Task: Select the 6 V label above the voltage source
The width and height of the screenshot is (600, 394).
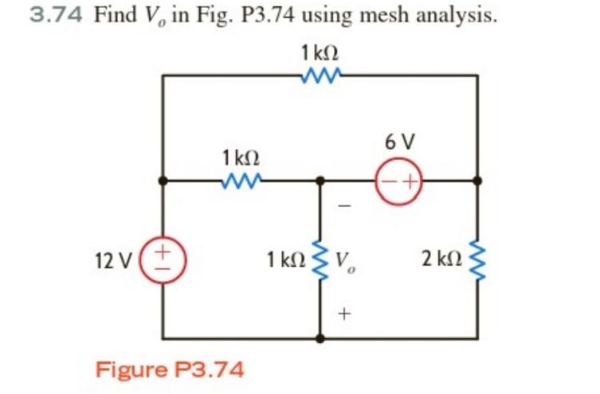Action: point(398,142)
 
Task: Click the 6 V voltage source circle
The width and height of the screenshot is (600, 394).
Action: point(398,181)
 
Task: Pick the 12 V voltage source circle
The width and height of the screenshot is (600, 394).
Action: point(163,259)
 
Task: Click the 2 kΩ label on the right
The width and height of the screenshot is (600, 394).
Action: point(440,259)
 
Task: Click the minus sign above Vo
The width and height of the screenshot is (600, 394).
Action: point(344,206)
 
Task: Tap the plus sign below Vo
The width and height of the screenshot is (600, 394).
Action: point(344,313)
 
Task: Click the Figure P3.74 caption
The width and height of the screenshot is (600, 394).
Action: point(170,369)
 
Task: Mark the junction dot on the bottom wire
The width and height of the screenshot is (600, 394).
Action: point(321,337)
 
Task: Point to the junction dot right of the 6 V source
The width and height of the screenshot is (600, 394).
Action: point(478,181)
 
